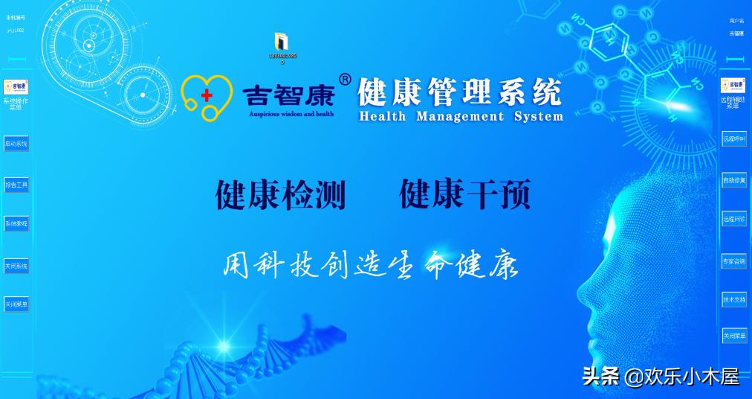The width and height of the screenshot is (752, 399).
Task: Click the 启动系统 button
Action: tap(16, 144)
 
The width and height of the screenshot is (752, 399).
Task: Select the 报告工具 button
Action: tap(16, 184)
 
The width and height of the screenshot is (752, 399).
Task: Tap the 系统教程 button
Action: tap(16, 223)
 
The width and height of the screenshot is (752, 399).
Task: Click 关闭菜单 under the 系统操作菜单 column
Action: tap(16, 304)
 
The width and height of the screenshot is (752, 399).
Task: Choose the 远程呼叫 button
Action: tap(734, 138)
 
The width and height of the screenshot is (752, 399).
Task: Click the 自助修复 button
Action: tap(734, 179)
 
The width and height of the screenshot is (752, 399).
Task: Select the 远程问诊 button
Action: tap(734, 219)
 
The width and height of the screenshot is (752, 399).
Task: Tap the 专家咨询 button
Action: tap(734, 261)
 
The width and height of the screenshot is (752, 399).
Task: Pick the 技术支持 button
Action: tap(734, 299)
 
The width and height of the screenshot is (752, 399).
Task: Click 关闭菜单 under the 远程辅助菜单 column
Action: tap(734, 336)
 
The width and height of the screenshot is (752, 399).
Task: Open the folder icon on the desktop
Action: tap(282, 42)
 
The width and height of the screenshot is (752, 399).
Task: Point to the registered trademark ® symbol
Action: tap(345, 79)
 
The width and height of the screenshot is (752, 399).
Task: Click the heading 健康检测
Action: tap(281, 195)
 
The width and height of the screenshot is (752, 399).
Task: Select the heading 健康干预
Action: tap(464, 195)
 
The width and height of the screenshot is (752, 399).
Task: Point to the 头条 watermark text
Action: tap(600, 376)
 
